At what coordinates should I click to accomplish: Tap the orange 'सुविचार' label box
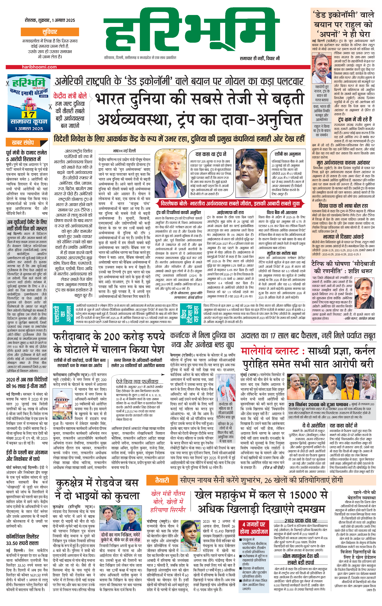[x=50, y=32]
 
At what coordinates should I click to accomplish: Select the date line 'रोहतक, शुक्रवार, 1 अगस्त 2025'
[x=50, y=20]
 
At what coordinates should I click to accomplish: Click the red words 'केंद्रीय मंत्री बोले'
[x=70, y=96]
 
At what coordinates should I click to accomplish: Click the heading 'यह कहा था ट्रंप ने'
[x=211, y=154]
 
